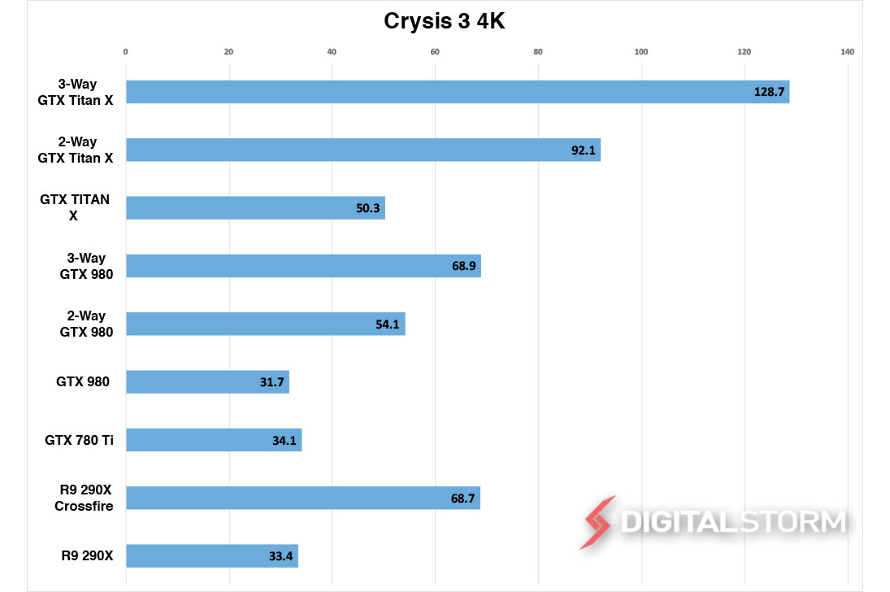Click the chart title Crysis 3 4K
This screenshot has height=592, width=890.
click(x=445, y=22)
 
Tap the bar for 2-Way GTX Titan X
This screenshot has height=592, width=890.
click(x=363, y=150)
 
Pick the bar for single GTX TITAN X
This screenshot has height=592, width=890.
click(x=255, y=208)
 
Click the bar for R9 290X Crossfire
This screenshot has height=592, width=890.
click(x=302, y=498)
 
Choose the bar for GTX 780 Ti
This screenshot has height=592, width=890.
click(x=214, y=440)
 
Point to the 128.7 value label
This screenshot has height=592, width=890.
click(x=769, y=92)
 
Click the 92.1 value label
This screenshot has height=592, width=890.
click(x=583, y=150)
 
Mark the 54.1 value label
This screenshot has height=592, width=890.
click(x=387, y=324)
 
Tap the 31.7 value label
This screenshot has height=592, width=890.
click(x=271, y=382)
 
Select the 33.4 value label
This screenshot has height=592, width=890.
click(x=280, y=556)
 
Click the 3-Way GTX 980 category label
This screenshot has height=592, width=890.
click(x=86, y=266)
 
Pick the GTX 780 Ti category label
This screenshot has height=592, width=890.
click(x=79, y=440)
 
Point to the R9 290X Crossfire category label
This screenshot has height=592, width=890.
click(x=84, y=498)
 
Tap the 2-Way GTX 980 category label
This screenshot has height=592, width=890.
click(x=86, y=324)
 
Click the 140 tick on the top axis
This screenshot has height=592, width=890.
click(x=848, y=52)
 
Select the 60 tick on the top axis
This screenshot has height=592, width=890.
click(x=435, y=52)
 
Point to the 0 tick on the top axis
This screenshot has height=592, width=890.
click(x=125, y=52)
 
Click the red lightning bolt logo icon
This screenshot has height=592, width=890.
click(x=597, y=522)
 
